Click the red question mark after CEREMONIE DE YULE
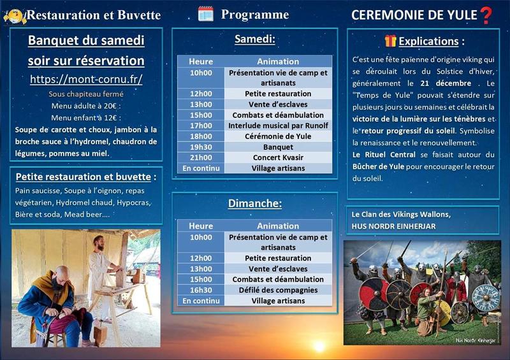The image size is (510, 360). coord(486,15)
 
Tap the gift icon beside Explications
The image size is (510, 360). coord(390,41)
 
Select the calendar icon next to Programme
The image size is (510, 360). coord(205,14)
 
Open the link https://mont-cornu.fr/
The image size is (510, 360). coord(86,80)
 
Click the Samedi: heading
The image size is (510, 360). coord(254,40)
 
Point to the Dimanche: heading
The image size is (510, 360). coord(254,204)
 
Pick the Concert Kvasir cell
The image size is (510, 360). coord(278,157)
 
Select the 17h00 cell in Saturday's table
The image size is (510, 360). coord(201,126)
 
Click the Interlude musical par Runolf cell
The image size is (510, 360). coord(278,126)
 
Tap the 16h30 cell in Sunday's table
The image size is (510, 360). coord(201,290)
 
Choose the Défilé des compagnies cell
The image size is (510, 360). coord(278,290)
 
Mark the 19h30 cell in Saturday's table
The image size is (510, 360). coord(201,147)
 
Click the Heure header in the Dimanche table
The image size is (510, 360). coord(201,226)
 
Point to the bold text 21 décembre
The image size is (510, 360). coord(446,83)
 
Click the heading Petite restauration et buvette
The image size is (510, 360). coord(85,176)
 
